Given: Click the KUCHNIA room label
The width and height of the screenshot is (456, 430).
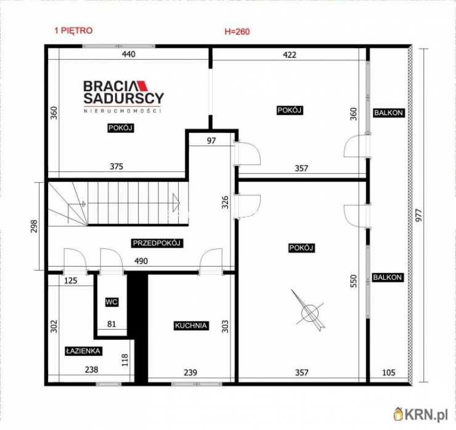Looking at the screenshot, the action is point(191,326).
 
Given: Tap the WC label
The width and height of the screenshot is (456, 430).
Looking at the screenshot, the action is point(112,302).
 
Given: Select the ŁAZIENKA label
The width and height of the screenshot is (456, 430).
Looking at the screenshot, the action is point(83,351).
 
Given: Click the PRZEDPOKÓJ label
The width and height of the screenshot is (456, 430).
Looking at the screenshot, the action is point(157,243).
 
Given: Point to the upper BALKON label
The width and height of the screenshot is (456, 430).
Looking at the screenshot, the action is point(388,113).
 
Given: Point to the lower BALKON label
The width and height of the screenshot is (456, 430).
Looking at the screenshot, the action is point(388,277).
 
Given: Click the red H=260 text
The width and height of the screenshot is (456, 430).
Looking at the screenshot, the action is point(237,31).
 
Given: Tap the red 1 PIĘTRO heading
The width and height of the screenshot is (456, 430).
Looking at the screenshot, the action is point(73,31).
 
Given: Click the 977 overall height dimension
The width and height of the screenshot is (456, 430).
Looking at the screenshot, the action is point(418,216).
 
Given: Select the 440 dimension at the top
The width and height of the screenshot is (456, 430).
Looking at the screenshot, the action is point(129,54).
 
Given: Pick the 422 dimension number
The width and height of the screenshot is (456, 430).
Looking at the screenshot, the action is point(290,55).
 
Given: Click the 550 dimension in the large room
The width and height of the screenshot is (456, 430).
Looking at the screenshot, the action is point(353,281).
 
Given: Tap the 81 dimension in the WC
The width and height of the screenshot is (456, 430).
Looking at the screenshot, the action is point(112,324).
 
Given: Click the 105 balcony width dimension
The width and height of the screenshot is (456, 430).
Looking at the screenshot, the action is point(388,373).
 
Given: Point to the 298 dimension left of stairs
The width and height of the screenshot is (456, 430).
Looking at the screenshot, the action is point(34,227).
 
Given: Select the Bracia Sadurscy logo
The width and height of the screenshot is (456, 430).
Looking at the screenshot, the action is point(124,96).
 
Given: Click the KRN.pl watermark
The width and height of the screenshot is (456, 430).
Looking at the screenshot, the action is point(421,415).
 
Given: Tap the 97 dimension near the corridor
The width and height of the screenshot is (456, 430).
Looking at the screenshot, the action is point(211,140).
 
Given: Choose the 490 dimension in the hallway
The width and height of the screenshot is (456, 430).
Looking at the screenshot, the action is point(140,261).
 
